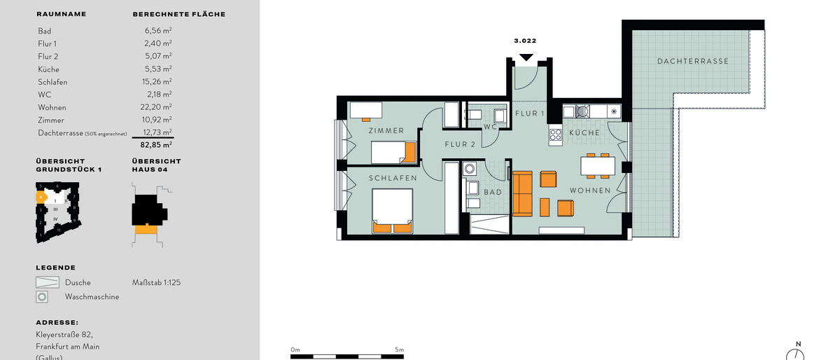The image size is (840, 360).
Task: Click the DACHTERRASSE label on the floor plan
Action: point(692,61)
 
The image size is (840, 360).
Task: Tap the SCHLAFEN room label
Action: point(393,179)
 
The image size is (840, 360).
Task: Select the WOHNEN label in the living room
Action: point(589,191)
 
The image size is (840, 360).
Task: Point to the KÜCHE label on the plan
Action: point(584,132)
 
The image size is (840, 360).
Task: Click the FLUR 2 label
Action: point(460,145)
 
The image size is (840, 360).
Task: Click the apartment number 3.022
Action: point(525,41)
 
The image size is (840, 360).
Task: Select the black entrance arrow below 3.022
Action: point(526,57)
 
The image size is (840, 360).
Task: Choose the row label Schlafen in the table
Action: point(50,82)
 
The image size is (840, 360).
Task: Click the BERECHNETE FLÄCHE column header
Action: point(178,14)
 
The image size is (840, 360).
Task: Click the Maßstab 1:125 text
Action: point(157,282)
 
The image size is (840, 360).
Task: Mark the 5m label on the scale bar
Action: point(399,349)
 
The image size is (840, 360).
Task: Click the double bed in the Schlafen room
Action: point(392,211)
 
